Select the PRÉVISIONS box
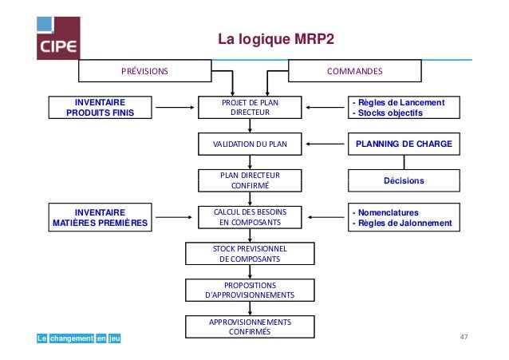(x=144, y=71)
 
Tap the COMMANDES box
(x=355, y=71)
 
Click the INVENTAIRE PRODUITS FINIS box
(x=100, y=107)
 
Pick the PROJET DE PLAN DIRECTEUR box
(x=251, y=107)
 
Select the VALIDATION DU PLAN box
(x=250, y=144)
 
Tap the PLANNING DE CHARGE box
(x=403, y=144)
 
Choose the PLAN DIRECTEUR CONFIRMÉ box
(x=251, y=180)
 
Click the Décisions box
(x=403, y=181)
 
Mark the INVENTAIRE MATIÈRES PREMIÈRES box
(x=100, y=217)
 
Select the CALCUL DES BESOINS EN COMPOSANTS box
(x=251, y=217)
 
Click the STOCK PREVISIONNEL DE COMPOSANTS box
(x=250, y=254)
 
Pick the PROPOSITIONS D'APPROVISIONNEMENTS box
(x=250, y=290)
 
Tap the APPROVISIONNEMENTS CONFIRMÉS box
(x=250, y=326)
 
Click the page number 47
(x=463, y=338)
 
